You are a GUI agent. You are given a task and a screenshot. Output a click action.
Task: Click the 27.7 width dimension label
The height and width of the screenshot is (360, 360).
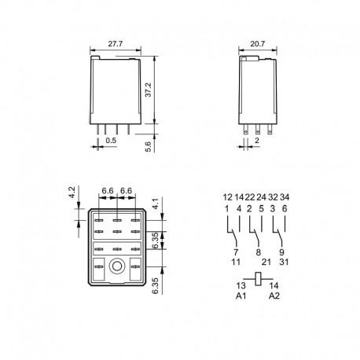116,43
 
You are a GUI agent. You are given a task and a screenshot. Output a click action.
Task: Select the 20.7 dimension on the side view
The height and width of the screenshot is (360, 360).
258,43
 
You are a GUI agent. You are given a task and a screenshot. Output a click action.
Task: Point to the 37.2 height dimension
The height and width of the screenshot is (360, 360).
149,90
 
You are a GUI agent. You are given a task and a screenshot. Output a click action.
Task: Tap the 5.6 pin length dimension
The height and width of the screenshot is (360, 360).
149,147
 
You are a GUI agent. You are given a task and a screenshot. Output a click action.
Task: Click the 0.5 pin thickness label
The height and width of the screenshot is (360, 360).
111,140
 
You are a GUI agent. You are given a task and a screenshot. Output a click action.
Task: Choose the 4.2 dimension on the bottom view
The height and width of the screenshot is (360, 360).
72,192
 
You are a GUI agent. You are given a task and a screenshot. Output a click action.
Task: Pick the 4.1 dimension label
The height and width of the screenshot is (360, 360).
156,204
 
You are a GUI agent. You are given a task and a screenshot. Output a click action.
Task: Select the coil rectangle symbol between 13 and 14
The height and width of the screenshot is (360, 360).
258,279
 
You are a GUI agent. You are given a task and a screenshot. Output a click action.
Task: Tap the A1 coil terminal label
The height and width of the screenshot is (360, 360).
241,296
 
